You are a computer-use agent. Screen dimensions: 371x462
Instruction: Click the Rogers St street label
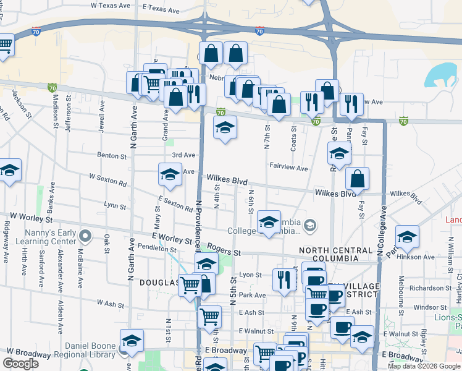coord(224,252)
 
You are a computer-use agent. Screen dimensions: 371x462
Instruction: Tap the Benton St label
coord(111,156)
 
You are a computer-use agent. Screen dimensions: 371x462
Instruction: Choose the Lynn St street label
coord(115,205)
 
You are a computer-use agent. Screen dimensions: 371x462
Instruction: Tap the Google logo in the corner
coord(21,364)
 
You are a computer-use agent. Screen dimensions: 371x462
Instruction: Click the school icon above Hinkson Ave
coord(407,237)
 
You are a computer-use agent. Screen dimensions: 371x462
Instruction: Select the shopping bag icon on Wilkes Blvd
coord(357,179)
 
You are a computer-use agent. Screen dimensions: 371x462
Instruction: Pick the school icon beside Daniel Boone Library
coord(132,341)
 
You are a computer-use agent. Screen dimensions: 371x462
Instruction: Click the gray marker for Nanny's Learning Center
coord(86,236)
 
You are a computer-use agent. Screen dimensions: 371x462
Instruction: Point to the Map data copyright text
coord(424,366)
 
